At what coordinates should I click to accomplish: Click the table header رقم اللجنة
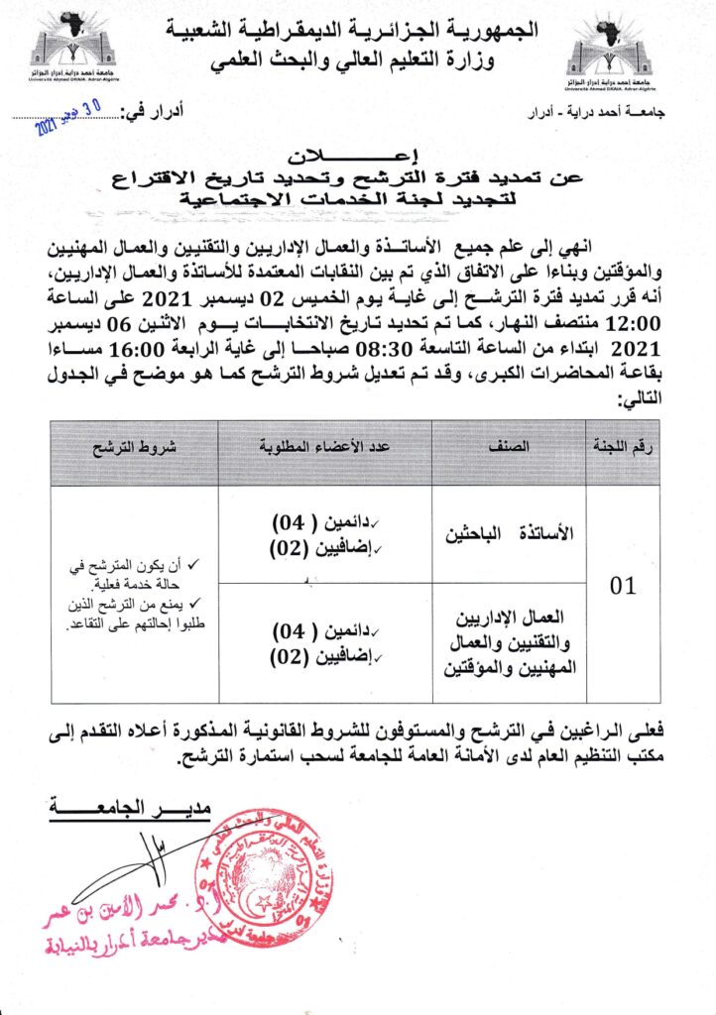(622, 447)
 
